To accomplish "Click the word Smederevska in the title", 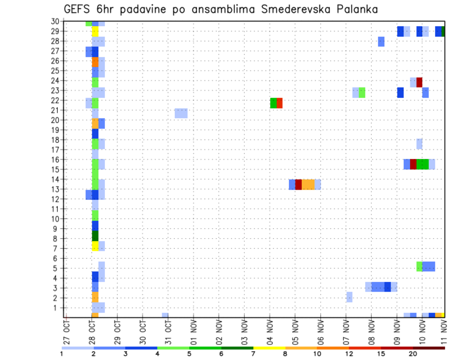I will coord(293,9).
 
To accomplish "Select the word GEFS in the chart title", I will coord(77,9).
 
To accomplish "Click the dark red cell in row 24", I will coord(419,82).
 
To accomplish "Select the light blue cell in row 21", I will coord(181,113).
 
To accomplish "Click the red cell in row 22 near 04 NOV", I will coord(280,103).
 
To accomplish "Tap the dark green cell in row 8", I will coord(95,236).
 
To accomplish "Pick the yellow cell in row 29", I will coord(95,32).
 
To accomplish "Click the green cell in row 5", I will coord(419,266).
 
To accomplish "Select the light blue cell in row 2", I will coord(349,297).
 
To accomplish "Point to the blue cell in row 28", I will coord(381,42).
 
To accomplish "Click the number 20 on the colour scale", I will coord(413,354).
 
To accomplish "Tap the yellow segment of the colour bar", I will coord(269,348).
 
